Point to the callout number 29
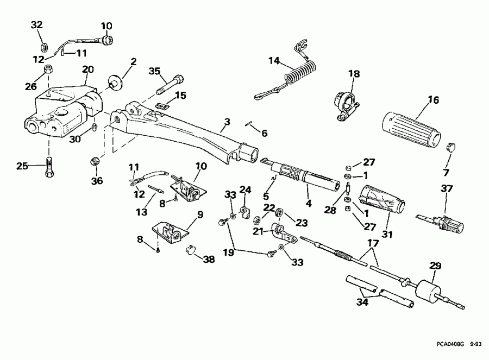coord(435,266)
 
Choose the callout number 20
coord(87,69)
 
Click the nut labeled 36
coord(95,161)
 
